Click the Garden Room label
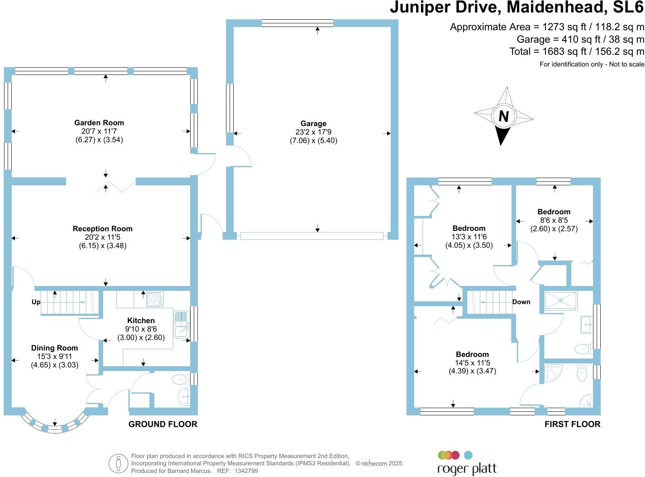[x=99, y=123]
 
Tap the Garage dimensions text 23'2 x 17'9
[x=313, y=132]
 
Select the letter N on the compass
[x=504, y=117]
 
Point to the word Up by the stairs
[x=36, y=302]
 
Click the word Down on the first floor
[x=521, y=302]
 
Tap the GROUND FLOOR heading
[x=163, y=424]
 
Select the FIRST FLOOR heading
[x=572, y=424]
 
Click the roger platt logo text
[x=467, y=469]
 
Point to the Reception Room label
[x=102, y=229]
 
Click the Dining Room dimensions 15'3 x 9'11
[x=54, y=357]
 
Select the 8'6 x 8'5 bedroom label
[x=554, y=220]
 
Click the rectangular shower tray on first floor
[x=560, y=301]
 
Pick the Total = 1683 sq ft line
[x=577, y=52]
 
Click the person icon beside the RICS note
[x=118, y=463]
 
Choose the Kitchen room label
[x=141, y=321]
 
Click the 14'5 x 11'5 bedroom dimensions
[x=472, y=363]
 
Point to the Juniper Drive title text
[x=517, y=8]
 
